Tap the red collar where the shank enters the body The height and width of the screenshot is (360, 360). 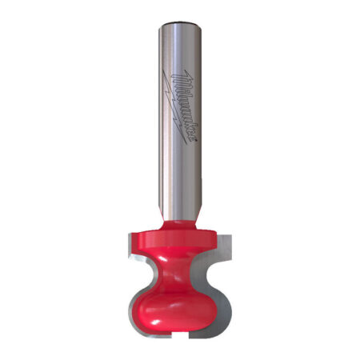coord(180,226)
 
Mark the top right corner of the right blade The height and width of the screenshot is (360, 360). coord(231,234)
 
